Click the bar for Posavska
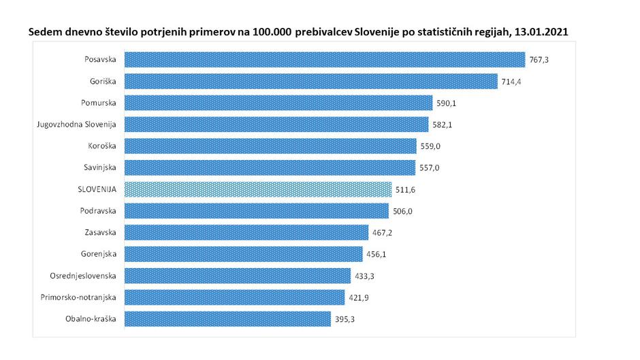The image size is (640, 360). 324,60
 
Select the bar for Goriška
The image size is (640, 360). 310,81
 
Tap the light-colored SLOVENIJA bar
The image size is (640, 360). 257,189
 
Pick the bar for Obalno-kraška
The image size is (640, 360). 230,318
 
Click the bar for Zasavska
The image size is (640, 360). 246,232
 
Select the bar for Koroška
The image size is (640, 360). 270,146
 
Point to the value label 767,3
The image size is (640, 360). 539,60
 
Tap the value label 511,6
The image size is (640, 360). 405,189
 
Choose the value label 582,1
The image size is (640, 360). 442,125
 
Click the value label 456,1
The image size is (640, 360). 376,254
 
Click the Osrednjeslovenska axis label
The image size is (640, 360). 83,276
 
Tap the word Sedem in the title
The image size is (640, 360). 42,32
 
